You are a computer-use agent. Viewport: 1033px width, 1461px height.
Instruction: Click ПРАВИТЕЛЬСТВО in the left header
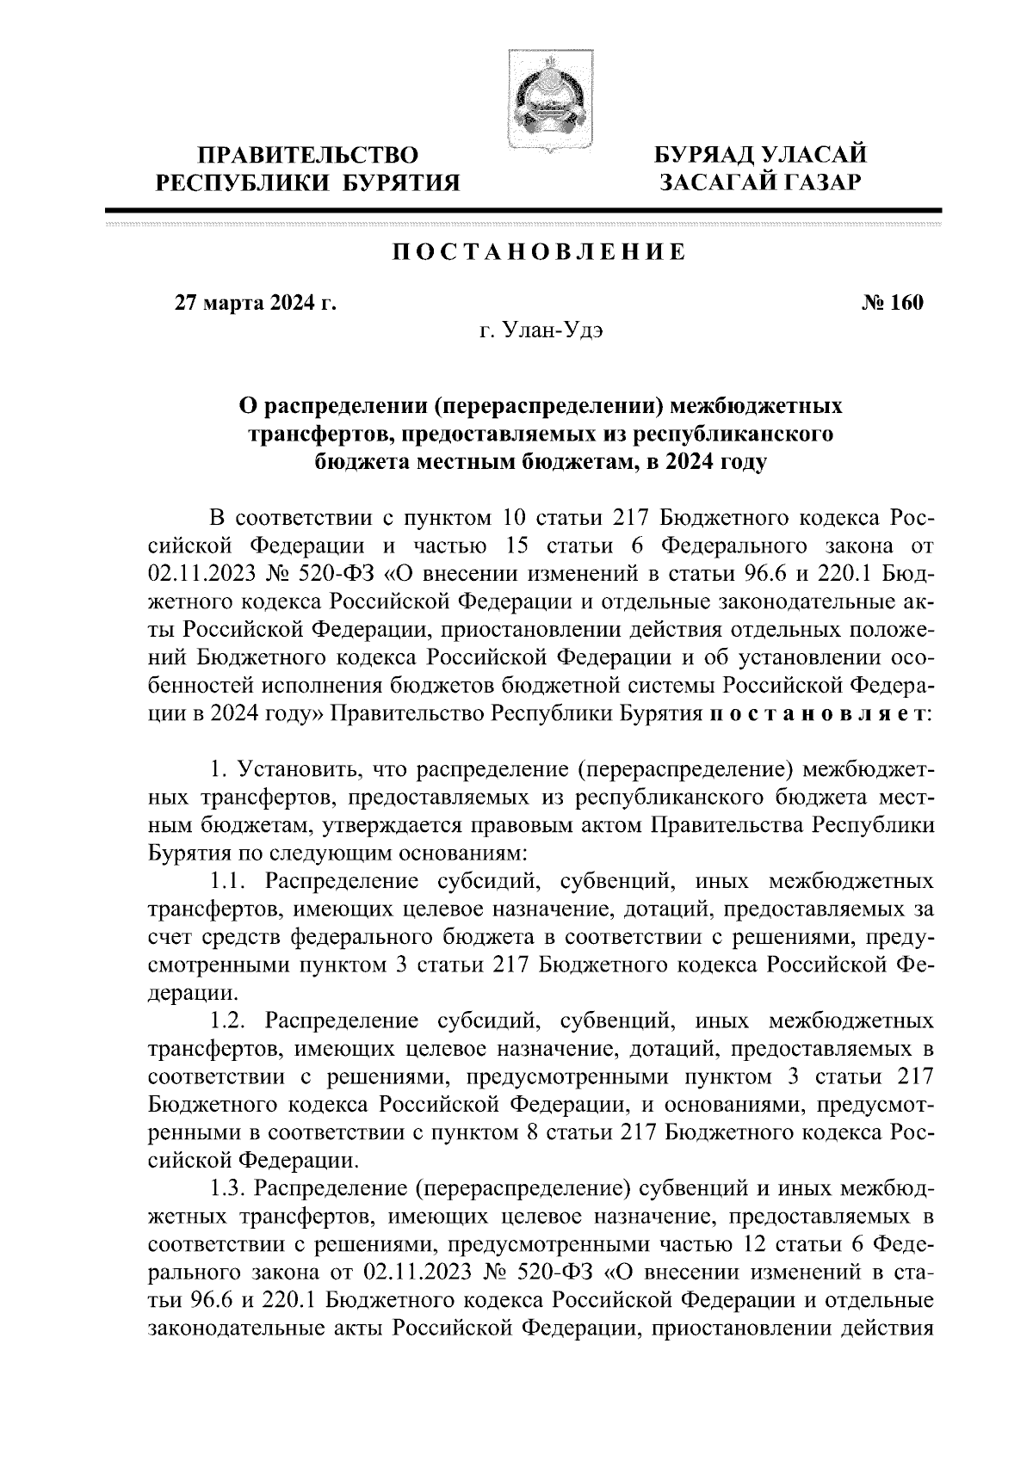309,155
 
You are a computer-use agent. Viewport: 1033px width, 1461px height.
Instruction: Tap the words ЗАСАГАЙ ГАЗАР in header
759,182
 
